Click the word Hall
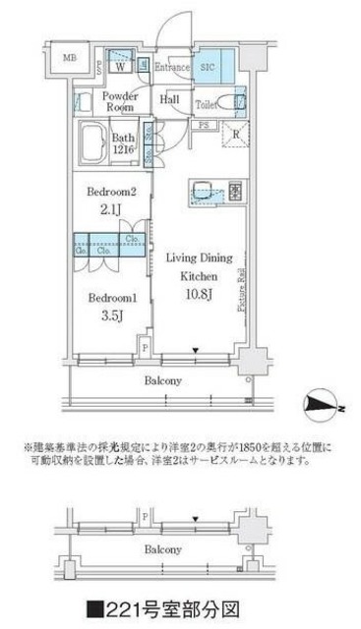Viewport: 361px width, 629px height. click(x=170, y=99)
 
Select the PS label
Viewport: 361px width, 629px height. click(x=204, y=127)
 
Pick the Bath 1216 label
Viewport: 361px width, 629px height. click(x=124, y=143)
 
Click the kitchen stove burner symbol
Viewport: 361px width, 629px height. click(x=235, y=190)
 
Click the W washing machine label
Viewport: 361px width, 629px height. click(x=119, y=68)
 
